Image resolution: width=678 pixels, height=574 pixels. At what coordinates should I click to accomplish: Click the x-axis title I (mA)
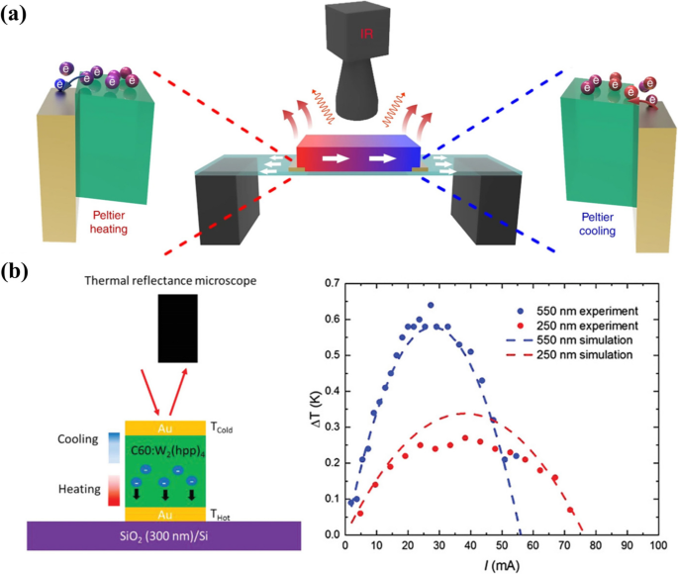[500, 564]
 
